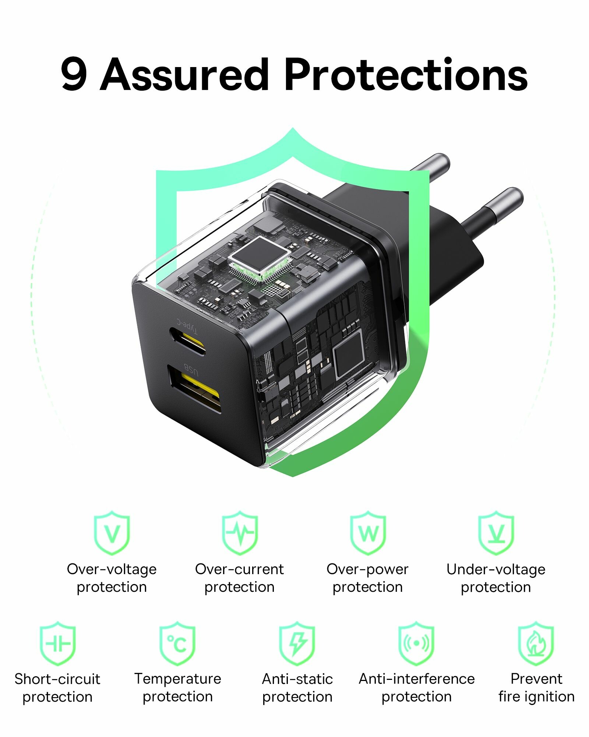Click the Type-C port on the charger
tap(187, 340)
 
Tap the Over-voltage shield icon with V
tap(112, 532)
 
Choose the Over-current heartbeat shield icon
tap(240, 532)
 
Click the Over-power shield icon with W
tap(368, 532)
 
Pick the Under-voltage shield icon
tap(496, 532)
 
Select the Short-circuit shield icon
tap(58, 643)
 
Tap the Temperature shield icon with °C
tap(177, 643)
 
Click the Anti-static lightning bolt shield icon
tap(297, 643)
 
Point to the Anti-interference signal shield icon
tap(416, 643)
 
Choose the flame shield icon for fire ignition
tap(536, 643)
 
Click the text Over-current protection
tap(240, 578)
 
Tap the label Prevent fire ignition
tap(537, 688)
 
